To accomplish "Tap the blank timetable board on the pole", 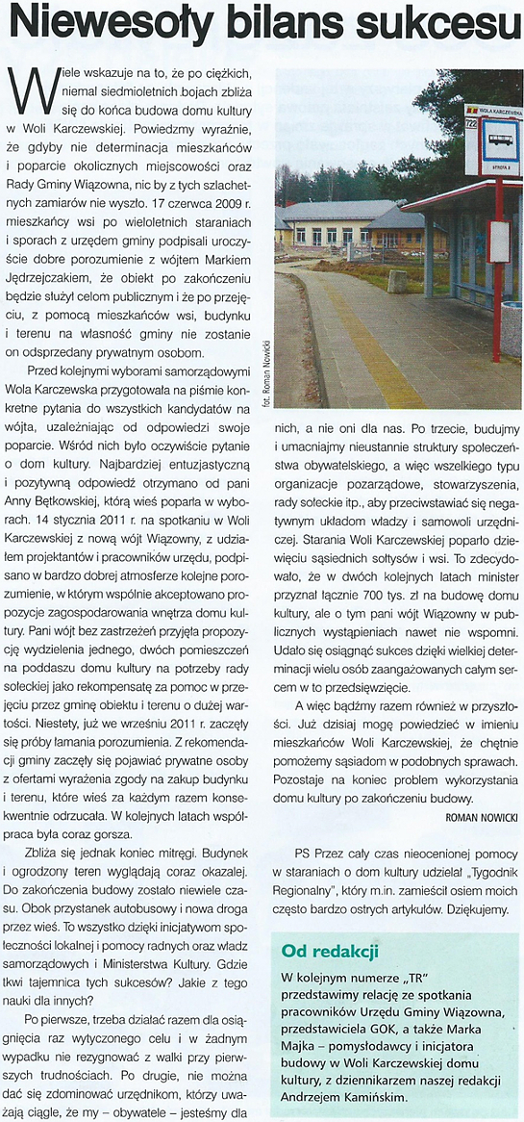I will (x=498, y=242).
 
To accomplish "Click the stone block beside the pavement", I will (x=397, y=281).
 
